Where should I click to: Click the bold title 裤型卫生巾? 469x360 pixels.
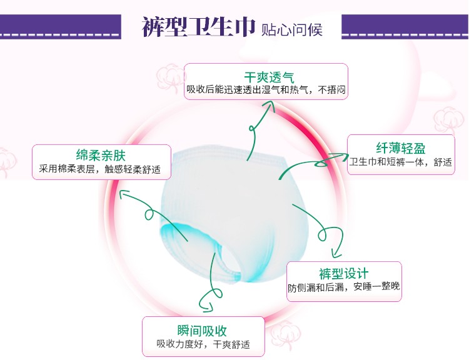pyautogui.click(x=199, y=27)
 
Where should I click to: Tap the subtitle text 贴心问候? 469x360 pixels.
pyautogui.click(x=292, y=29)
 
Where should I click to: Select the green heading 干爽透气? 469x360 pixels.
pyautogui.click(x=269, y=77)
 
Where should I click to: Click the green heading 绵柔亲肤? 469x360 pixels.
pyautogui.click(x=101, y=156)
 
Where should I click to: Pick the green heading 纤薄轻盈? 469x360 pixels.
pyautogui.click(x=401, y=148)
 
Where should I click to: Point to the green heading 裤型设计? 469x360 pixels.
pyautogui.click(x=344, y=274)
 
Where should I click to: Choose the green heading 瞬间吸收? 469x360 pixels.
pyautogui.click(x=202, y=331)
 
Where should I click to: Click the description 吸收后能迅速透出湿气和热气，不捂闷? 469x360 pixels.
pyautogui.click(x=266, y=89)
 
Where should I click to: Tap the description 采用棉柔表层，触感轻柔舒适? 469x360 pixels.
pyautogui.click(x=100, y=169)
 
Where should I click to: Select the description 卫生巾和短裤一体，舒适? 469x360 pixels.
pyautogui.click(x=401, y=162)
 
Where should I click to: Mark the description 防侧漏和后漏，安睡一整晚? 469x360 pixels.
pyautogui.click(x=344, y=287)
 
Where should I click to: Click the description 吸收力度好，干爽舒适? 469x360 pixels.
pyautogui.click(x=203, y=344)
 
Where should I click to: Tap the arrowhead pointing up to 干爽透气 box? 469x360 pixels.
pyautogui.click(x=270, y=104)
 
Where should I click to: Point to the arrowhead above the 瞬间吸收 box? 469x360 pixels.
pyautogui.click(x=207, y=307)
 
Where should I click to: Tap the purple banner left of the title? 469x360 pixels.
pyautogui.click(x=61, y=27)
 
